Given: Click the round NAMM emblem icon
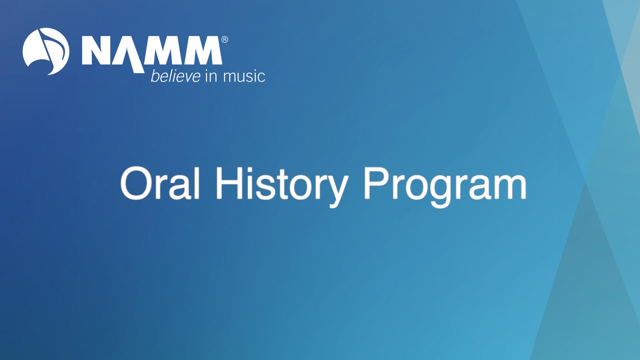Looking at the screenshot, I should [x=46, y=51].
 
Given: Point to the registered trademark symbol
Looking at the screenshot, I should [x=225, y=40].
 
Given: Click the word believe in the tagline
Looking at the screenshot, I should [x=175, y=76].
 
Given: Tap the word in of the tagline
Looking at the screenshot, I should [x=211, y=76].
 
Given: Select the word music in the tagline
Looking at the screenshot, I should [x=244, y=76].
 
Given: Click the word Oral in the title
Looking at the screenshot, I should [x=160, y=183].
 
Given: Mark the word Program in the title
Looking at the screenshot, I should [x=445, y=185].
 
